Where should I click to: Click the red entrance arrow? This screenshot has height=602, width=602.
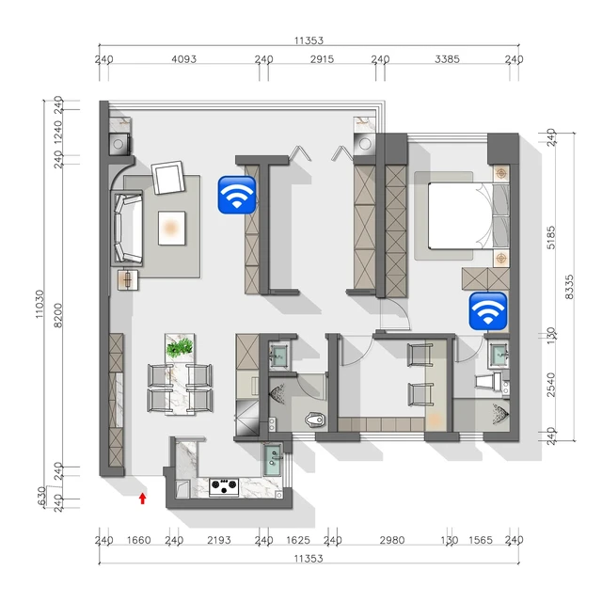tap(142, 499)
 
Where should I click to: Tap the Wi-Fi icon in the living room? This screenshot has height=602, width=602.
tap(237, 195)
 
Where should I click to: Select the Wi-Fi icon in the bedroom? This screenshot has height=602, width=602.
tap(488, 311)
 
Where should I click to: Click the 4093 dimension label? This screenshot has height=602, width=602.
tap(184, 59)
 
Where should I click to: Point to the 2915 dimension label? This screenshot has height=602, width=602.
tap(322, 59)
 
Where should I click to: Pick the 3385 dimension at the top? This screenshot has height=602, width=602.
tap(448, 59)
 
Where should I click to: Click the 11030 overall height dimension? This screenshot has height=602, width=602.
tap(40, 304)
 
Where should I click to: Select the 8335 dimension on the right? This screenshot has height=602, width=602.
tap(569, 287)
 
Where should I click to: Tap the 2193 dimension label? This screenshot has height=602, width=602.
tap(219, 540)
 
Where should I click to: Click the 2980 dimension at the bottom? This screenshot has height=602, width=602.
tap(392, 540)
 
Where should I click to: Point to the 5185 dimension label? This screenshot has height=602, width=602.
tap(551, 238)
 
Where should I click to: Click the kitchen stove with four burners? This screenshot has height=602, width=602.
tap(224, 487)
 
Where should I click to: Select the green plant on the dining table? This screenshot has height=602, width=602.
tap(180, 347)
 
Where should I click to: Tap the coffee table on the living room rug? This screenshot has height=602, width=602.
tap(171, 228)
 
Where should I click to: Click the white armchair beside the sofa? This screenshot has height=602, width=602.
tap(167, 178)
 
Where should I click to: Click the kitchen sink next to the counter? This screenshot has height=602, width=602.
tap(273, 459)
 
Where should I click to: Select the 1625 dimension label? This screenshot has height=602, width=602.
tap(298, 540)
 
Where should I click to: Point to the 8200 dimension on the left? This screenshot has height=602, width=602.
tap(58, 315)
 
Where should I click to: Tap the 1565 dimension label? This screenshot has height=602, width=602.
tap(481, 540)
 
